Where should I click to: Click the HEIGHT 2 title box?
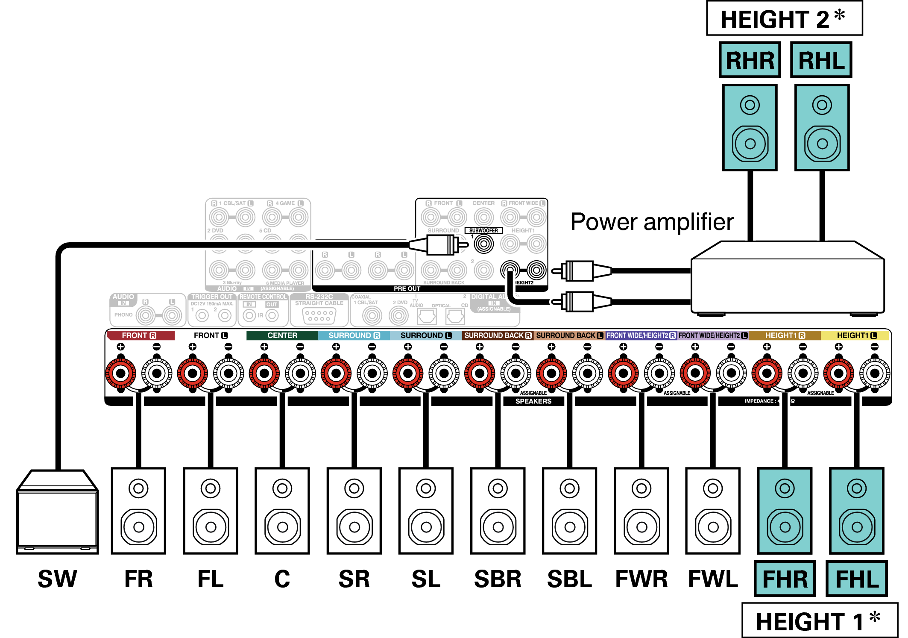784,18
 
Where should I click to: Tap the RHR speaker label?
750,60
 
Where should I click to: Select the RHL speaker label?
821,60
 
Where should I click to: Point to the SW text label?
57,579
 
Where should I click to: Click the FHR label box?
785,579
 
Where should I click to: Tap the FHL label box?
856,579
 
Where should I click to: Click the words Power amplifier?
652,222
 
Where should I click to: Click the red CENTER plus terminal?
264,373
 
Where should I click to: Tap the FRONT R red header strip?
140,335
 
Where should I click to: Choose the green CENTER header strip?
282,335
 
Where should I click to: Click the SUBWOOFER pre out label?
483,230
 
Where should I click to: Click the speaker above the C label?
282,511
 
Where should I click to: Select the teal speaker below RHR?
750,127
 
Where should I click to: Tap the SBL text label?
569,579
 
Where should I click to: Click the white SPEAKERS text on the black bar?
533,401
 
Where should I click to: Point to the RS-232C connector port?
319,316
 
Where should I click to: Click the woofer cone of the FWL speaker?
713,527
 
